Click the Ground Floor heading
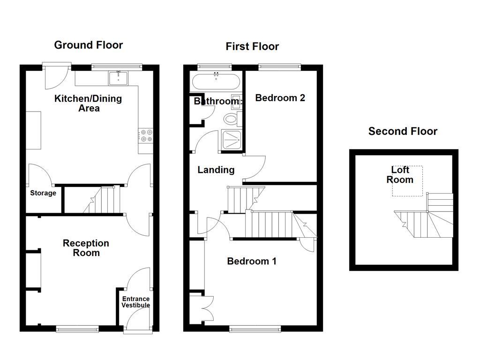pyautogui.click(x=88, y=45)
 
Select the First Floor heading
pyautogui.click(x=252, y=46)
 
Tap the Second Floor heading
pyautogui.click(x=402, y=131)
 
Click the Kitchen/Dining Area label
pyautogui.click(x=88, y=103)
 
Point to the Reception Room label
pyautogui.click(x=86, y=248)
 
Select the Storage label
pyautogui.click(x=43, y=193)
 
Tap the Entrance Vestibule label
pyautogui.click(x=136, y=302)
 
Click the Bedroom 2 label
pyautogui.click(x=280, y=98)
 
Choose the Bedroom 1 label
pyautogui.click(x=251, y=261)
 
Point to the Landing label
pyautogui.click(x=216, y=170)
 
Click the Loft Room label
pyautogui.click(x=400, y=175)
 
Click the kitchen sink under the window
pyautogui.click(x=119, y=78)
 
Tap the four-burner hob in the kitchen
pyautogui.click(x=146, y=135)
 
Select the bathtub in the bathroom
pyautogui.click(x=216, y=82)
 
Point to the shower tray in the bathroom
pyautogui.click(x=231, y=141)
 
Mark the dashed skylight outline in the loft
pyautogui.click(x=407, y=181)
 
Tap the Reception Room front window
pyautogui.click(x=77, y=329)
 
